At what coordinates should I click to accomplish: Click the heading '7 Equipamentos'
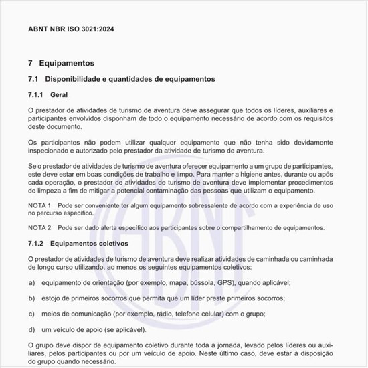point(61,63)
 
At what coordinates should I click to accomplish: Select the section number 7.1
point(33,79)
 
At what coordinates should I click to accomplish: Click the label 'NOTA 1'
point(39,205)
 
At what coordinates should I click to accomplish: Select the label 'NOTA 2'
point(39,228)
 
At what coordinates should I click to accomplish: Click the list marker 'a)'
point(31,283)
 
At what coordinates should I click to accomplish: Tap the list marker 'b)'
point(31,298)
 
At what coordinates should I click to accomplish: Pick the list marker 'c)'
point(31,314)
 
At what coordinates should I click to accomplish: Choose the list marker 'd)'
point(31,329)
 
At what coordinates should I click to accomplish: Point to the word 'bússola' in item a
point(188,283)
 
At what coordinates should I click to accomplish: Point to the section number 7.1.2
point(35,244)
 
